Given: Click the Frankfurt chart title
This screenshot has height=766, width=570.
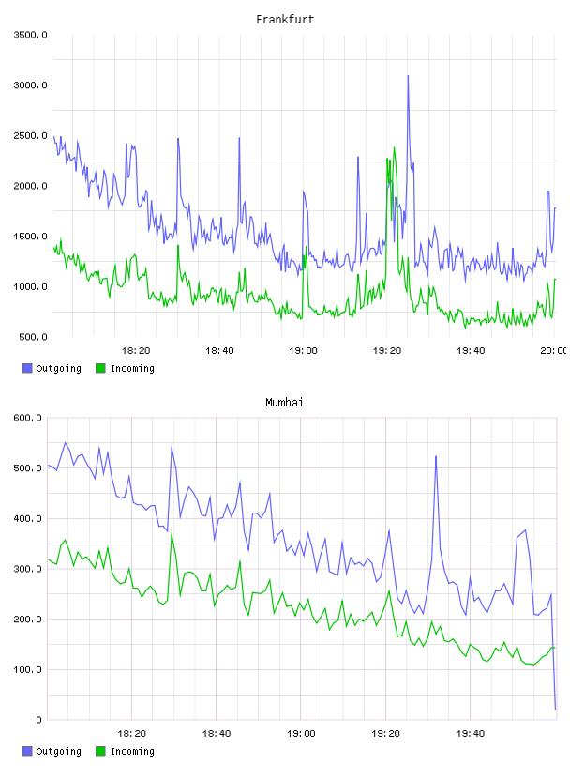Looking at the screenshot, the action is (x=285, y=20).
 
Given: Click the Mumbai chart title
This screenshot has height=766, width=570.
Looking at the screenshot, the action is (x=284, y=403).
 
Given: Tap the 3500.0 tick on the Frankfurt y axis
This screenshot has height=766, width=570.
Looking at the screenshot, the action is (x=30, y=35).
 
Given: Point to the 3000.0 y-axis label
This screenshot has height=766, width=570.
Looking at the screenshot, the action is (x=30, y=85).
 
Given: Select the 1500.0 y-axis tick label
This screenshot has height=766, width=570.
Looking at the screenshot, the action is (x=30, y=237).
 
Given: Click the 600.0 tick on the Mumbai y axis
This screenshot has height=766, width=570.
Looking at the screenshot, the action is (x=27, y=418).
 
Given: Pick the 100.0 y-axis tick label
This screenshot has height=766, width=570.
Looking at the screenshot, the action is (x=27, y=669).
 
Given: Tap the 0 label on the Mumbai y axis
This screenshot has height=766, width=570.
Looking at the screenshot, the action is (x=38, y=720).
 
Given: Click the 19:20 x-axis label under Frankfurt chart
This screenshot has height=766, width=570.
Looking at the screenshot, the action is (x=386, y=351).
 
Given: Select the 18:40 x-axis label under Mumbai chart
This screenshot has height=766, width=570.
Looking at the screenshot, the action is (x=217, y=734).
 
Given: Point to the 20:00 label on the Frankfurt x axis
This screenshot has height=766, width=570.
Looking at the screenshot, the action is (x=553, y=351).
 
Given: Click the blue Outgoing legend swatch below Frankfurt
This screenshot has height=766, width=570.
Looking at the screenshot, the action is (x=27, y=368).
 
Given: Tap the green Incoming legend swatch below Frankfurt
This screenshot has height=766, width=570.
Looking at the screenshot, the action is (x=100, y=368).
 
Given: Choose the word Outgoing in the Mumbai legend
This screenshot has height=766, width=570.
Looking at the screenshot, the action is (x=58, y=751).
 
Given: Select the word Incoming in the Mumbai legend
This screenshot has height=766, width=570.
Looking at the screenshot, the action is (x=132, y=751).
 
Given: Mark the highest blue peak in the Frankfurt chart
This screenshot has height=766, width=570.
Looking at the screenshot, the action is (x=408, y=76).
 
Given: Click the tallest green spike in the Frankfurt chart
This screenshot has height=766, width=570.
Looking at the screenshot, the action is (x=394, y=148).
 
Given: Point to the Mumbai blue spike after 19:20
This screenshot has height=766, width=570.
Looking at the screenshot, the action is (x=435, y=457).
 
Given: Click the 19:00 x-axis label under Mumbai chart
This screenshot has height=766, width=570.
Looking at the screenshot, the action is (x=301, y=734).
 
